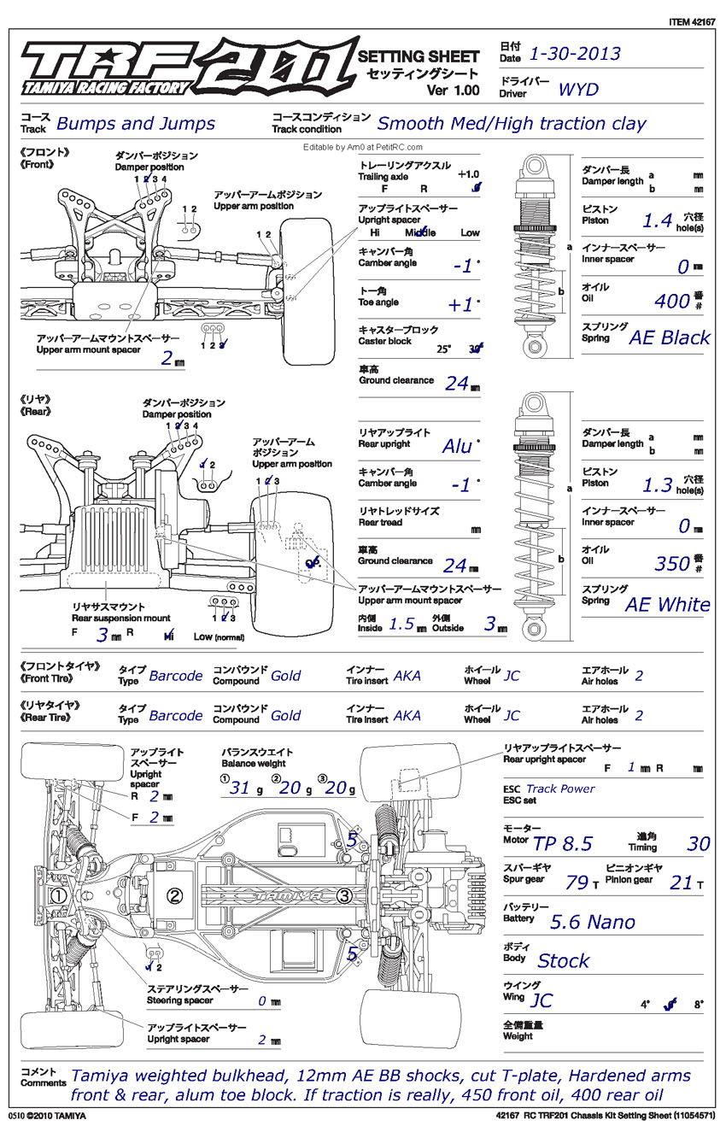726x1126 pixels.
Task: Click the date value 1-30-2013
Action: click(x=575, y=55)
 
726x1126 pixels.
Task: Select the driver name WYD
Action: click(x=578, y=90)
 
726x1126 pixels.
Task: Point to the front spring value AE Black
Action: click(x=669, y=337)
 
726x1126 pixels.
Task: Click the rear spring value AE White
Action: click(x=667, y=605)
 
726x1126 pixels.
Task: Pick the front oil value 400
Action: click(x=671, y=301)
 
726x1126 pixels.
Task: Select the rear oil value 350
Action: click(x=671, y=564)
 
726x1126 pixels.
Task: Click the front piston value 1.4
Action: click(x=658, y=220)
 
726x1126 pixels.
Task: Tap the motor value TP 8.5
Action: click(x=562, y=845)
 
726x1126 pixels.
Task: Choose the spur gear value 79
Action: click(x=577, y=883)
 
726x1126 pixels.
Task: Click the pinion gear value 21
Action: click(x=681, y=883)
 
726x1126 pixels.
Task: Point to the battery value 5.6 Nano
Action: click(x=593, y=922)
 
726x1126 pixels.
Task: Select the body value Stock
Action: click(x=563, y=961)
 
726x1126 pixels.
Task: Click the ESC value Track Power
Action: click(x=560, y=789)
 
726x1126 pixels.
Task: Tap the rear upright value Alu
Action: click(x=457, y=446)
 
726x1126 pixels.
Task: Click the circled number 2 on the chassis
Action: click(x=175, y=895)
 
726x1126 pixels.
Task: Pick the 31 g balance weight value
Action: click(x=239, y=788)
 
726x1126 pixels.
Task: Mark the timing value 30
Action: click(x=698, y=845)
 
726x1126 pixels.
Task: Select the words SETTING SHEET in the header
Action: click(x=418, y=56)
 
